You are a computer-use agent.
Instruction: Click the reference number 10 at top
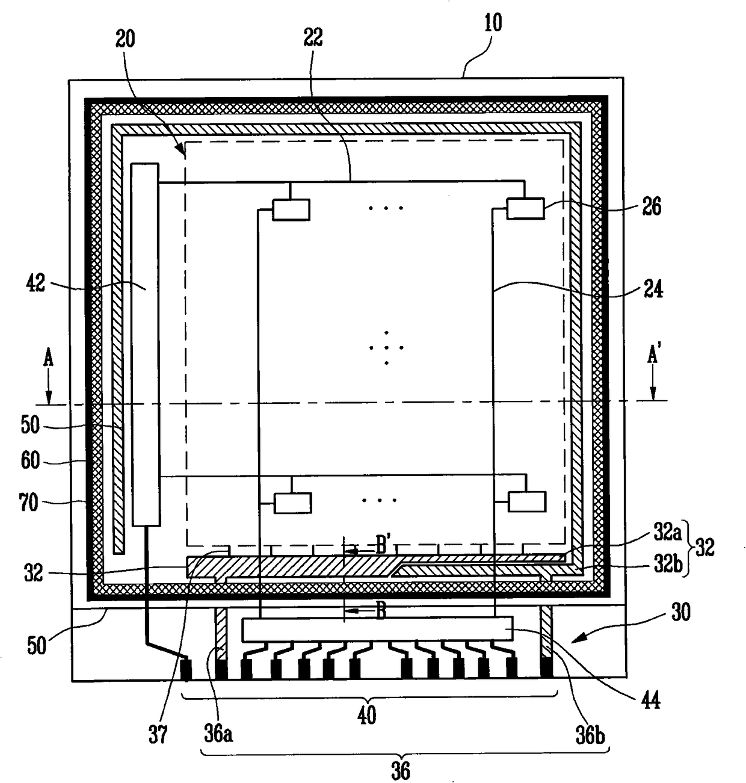(x=493, y=23)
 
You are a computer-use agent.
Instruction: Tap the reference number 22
(x=313, y=37)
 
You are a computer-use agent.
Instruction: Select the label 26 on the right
(x=652, y=206)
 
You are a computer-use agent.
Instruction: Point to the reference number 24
(x=653, y=289)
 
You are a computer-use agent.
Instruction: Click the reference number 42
(x=35, y=283)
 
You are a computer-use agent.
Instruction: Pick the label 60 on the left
(x=30, y=460)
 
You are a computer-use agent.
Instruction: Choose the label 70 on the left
(x=28, y=502)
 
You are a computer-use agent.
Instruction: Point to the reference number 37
(x=158, y=734)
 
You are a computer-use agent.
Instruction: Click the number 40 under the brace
(x=366, y=716)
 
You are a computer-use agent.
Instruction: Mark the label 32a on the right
(x=667, y=533)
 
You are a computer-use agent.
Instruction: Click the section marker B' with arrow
(x=383, y=547)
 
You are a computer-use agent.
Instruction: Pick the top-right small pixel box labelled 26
(x=526, y=209)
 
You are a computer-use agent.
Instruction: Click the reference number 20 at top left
(x=125, y=40)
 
